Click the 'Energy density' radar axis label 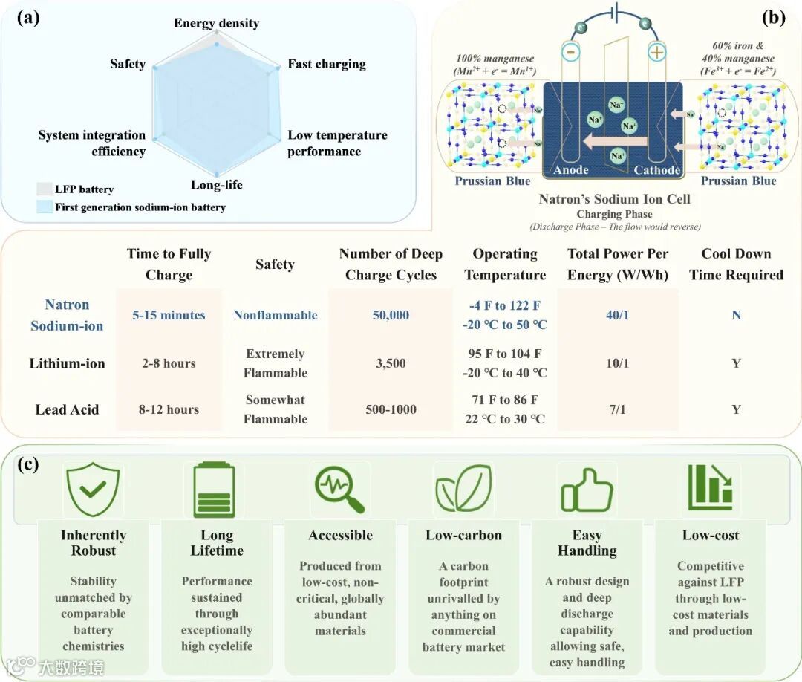pyautogui.click(x=216, y=23)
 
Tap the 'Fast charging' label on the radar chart pyautogui.click(x=327, y=64)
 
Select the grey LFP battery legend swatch pyautogui.click(x=43, y=189)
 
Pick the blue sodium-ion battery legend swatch pyautogui.click(x=43, y=207)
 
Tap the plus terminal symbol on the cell pyautogui.click(x=656, y=54)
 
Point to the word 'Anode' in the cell pyautogui.click(x=571, y=170)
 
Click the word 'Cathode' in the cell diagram pyautogui.click(x=656, y=170)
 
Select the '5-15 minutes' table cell pyautogui.click(x=169, y=315)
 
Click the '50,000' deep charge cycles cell pyautogui.click(x=391, y=315)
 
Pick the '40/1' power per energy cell pyautogui.click(x=617, y=315)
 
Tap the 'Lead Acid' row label pyautogui.click(x=66, y=409)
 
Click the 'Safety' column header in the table pyautogui.click(x=275, y=264)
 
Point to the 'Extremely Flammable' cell pyautogui.click(x=275, y=363)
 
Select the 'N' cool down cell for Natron pyautogui.click(x=736, y=315)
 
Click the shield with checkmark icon pyautogui.click(x=93, y=490)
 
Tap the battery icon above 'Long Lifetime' pyautogui.click(x=214, y=490)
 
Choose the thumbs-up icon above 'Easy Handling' pyautogui.click(x=587, y=490)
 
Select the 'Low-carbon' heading pyautogui.click(x=463, y=535)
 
